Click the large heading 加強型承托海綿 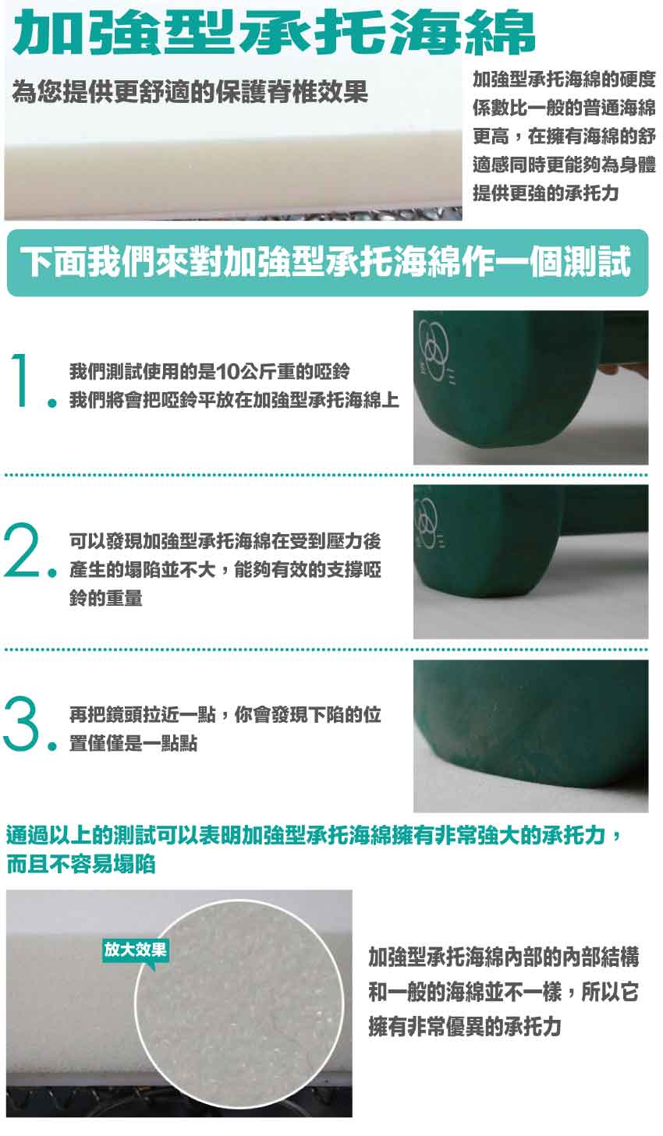pos(274,33)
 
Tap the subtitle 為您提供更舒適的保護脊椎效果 pos(190,92)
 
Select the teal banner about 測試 pos(328,263)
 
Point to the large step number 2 pos(21,550)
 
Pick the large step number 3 pos(21,724)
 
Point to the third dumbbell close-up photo pos(530,736)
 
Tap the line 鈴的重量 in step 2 pos(106,599)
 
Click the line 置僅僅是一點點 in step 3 pos(133,744)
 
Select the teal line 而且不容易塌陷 pos(81,864)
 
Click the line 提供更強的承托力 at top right pos(546,193)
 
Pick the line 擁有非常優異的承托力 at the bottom pos(465,1027)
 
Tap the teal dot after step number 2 pos(51,572)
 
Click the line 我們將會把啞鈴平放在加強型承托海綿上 pos(234,401)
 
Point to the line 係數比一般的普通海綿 pos(564,108)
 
